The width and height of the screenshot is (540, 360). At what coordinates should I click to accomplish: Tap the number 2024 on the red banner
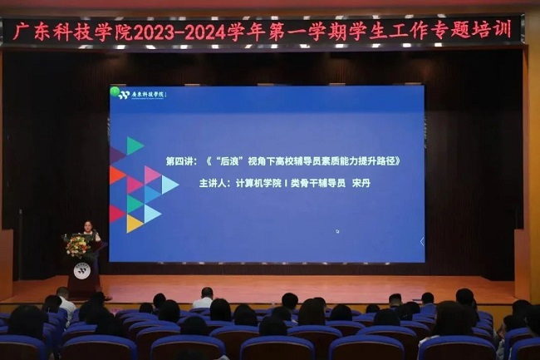click(x=205, y=33)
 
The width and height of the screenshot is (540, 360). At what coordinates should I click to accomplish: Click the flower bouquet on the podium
click(x=78, y=246)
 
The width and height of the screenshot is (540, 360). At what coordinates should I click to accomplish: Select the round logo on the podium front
click(x=82, y=270)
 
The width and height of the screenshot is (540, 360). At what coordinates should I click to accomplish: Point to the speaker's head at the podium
click(x=89, y=225)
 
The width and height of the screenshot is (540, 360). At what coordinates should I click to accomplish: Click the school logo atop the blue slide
click(x=142, y=95)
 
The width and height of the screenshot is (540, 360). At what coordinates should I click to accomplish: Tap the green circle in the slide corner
click(x=115, y=91)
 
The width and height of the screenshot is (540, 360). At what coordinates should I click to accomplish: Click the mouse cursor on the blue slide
click(x=337, y=231)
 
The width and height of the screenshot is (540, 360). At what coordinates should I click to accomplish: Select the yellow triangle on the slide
click(x=133, y=224)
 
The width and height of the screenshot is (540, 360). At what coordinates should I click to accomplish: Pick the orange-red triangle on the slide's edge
click(x=115, y=175)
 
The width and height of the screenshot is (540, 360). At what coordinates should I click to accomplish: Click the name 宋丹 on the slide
click(x=361, y=183)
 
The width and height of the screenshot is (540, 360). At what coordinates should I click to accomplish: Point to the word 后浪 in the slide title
click(x=229, y=161)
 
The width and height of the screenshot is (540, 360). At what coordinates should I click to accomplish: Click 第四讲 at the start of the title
click(x=179, y=161)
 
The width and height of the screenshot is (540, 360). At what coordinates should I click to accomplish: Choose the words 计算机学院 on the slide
click(x=258, y=183)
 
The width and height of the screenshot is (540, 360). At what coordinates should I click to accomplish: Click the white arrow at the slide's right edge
click(x=422, y=242)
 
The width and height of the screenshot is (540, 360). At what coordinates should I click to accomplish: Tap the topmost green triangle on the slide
click(x=135, y=145)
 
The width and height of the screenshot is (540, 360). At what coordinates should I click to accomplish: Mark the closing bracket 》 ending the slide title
click(x=397, y=161)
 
